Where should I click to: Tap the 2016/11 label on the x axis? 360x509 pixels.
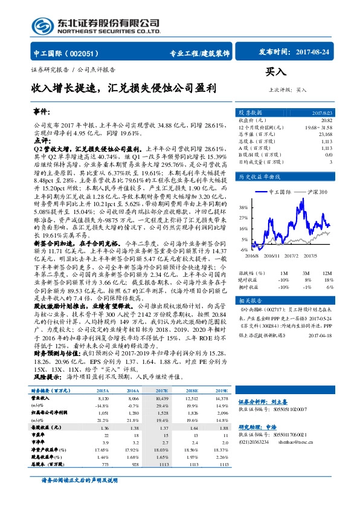(x=272, y=256)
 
